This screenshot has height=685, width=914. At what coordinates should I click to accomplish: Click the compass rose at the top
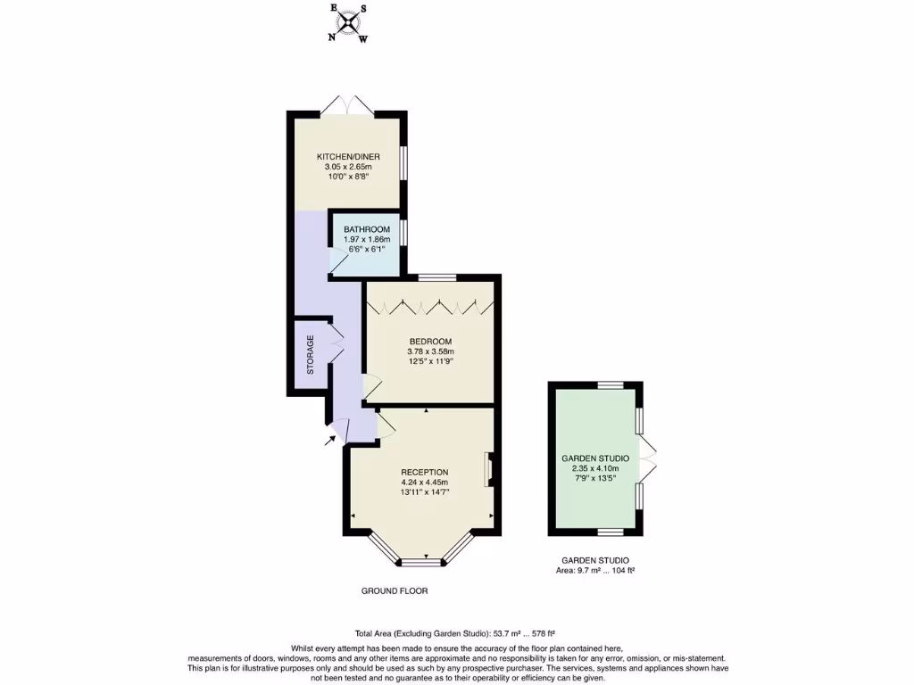[349, 23]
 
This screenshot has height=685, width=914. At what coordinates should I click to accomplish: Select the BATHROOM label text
[366, 229]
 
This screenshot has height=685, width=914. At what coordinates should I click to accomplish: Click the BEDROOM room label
[430, 342]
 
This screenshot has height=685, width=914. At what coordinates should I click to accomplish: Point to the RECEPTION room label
[424, 473]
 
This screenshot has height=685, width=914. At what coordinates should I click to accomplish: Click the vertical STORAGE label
[311, 355]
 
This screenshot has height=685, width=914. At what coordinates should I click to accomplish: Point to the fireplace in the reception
[489, 470]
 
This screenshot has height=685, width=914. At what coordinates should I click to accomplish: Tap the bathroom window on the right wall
[403, 232]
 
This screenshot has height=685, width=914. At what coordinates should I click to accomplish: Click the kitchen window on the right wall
[403, 163]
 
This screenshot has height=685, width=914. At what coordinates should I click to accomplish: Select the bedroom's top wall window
[433, 276]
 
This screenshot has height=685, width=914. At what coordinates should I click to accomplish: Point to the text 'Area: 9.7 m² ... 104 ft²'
[594, 570]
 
